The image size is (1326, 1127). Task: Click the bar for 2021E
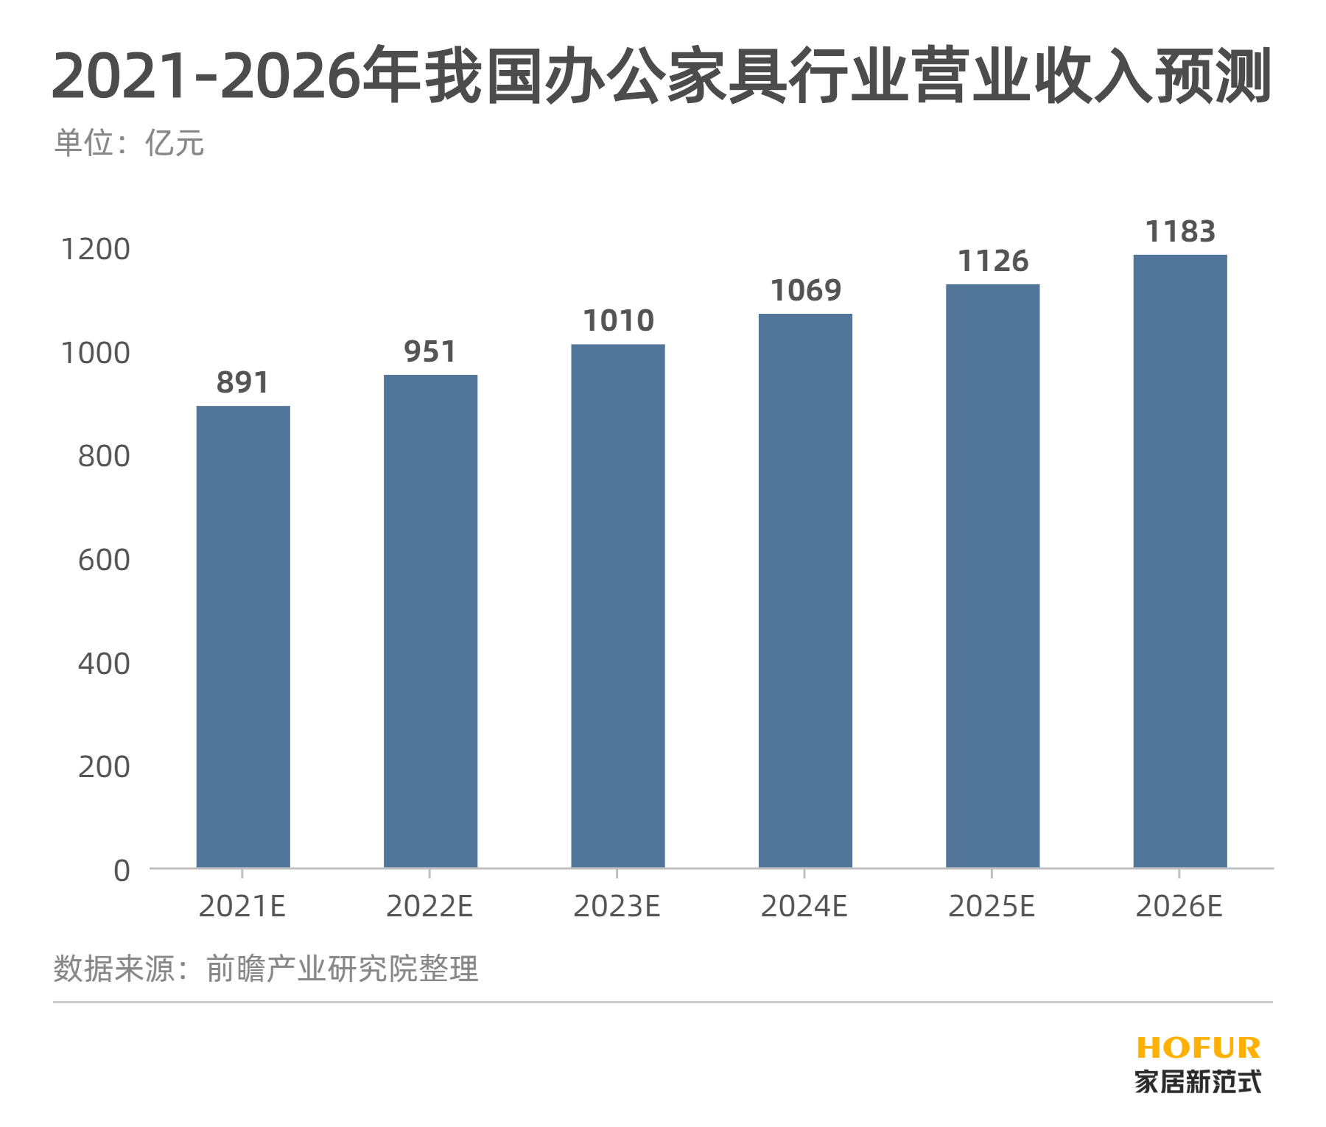click(x=243, y=636)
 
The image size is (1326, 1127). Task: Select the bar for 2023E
click(x=618, y=605)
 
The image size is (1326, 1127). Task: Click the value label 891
click(x=243, y=383)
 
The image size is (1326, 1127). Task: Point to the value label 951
click(x=430, y=352)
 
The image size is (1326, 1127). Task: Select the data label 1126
click(x=993, y=261)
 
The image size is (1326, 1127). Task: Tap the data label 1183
click(x=1180, y=232)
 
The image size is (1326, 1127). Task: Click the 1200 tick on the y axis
click(x=95, y=250)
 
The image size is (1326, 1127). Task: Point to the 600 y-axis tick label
click(x=104, y=561)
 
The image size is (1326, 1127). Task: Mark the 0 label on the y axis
click(x=122, y=871)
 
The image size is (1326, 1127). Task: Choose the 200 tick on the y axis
click(x=104, y=768)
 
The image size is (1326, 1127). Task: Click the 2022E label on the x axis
click(x=429, y=906)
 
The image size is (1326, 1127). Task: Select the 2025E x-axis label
click(x=992, y=906)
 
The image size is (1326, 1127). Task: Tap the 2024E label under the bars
click(x=804, y=906)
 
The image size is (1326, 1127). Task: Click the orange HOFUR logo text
click(x=1199, y=1048)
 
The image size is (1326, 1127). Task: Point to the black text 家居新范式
click(x=1199, y=1081)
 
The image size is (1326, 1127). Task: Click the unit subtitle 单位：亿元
click(x=129, y=143)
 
